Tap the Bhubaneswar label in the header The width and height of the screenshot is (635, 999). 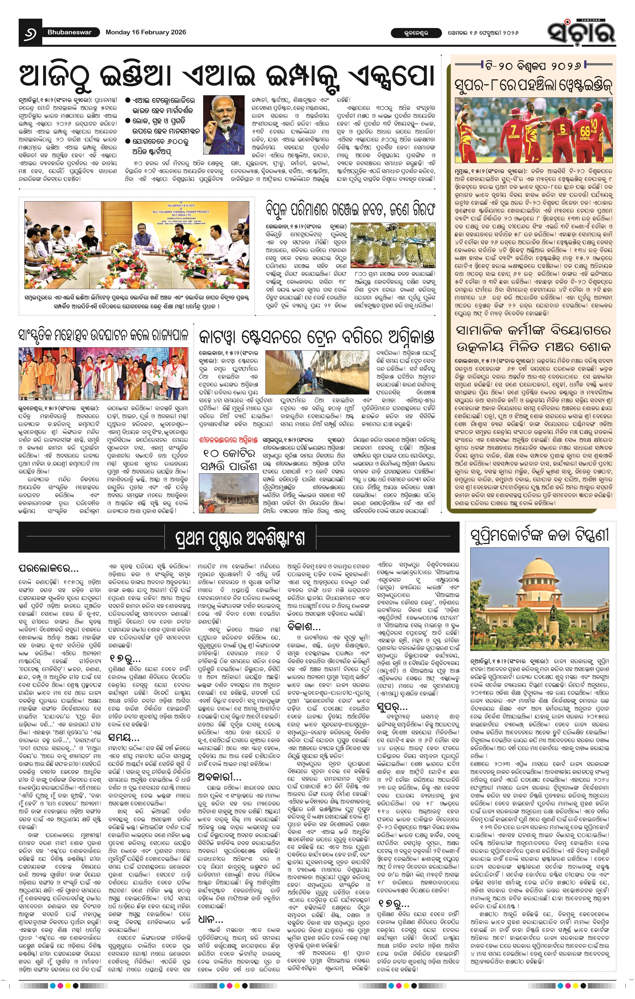[x=69, y=32]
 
